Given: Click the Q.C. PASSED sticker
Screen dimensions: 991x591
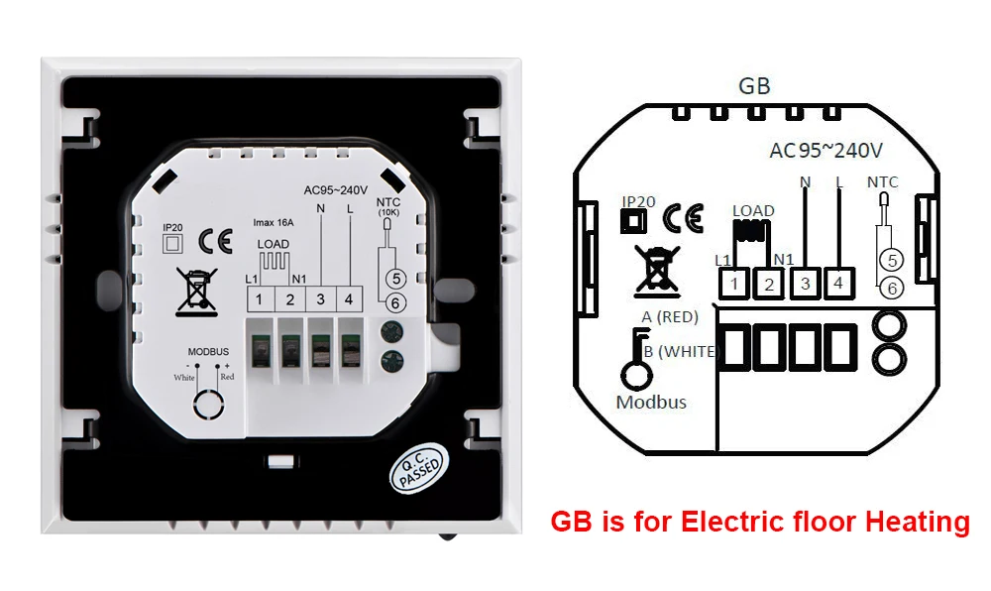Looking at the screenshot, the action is click(x=419, y=468).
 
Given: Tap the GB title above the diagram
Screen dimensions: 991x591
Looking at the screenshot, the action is click(x=754, y=86).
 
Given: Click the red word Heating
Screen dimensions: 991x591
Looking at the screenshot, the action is click(x=917, y=523).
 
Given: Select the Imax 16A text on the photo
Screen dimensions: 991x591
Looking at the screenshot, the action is click(x=274, y=222).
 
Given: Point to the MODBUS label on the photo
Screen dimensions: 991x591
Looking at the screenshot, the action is click(x=208, y=351).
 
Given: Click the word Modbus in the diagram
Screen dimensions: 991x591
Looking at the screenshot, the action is click(x=651, y=402).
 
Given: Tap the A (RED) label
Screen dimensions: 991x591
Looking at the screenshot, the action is click(x=670, y=316).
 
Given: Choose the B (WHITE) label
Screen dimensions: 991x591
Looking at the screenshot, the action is click(x=682, y=351).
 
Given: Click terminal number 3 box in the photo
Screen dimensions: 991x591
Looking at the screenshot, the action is click(x=321, y=299).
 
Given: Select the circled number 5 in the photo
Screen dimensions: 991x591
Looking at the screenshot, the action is click(x=396, y=278).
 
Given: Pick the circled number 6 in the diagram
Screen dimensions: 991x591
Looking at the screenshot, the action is click(x=892, y=289).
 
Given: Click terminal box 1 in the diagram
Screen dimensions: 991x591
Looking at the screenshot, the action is click(x=733, y=284).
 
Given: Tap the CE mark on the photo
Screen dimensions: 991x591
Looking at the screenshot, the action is click(x=215, y=241).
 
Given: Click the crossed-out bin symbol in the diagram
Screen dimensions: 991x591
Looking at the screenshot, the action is click(x=657, y=272).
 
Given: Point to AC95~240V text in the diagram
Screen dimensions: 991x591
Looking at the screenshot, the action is click(x=826, y=151).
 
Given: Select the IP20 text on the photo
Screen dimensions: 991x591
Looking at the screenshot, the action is click(x=172, y=228).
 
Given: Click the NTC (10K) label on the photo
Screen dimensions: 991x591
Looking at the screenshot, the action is click(x=388, y=207).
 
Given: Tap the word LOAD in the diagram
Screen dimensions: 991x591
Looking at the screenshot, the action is click(x=753, y=210).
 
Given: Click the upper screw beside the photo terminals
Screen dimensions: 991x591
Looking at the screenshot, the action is click(x=391, y=331).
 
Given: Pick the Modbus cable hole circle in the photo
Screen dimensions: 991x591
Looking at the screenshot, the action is click(x=208, y=404).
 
